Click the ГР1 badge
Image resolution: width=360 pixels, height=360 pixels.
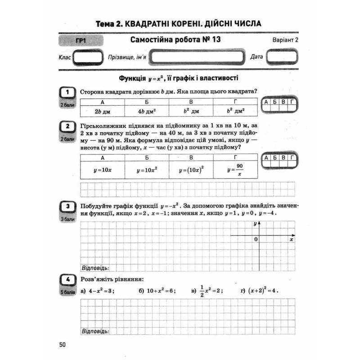pos(81,41)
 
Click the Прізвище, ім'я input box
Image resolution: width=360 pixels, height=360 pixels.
pos(198,58)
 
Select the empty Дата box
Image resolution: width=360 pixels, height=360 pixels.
pos(281,58)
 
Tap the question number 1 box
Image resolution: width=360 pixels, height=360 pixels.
pos(67,92)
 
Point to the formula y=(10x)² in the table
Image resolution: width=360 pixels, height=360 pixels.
pos(191,170)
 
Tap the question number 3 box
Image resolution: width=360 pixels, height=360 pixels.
pos(67,207)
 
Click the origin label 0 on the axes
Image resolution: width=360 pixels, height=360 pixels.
pos(256,240)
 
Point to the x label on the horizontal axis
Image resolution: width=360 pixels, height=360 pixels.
pos(292,240)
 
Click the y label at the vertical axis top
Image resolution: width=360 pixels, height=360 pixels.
pos(255,223)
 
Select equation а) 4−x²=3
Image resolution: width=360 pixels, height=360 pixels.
pos(98,291)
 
